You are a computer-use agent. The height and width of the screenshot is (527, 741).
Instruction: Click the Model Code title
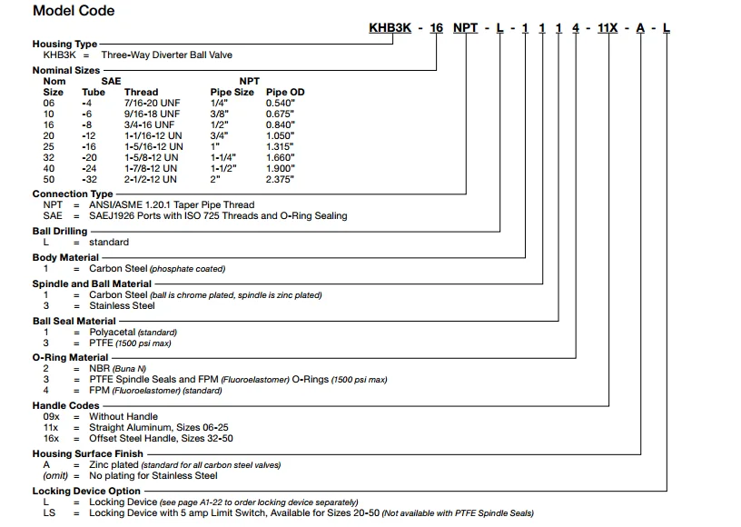(x=74, y=11)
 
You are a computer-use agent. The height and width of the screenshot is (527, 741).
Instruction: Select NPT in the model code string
(x=466, y=28)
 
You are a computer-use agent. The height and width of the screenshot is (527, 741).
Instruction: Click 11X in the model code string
(x=607, y=28)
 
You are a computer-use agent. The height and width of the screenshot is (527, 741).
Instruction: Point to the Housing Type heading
(x=64, y=44)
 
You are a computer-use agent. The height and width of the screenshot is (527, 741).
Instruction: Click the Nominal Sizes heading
(x=66, y=70)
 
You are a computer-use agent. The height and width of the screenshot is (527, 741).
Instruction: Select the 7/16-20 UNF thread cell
(x=152, y=103)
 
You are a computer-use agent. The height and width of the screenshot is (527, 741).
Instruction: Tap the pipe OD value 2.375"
(x=280, y=179)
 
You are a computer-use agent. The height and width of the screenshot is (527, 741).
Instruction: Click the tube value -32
(x=89, y=179)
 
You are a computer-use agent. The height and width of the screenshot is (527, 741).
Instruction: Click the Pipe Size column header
(x=232, y=92)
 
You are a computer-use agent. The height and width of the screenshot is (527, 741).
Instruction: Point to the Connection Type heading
(x=73, y=194)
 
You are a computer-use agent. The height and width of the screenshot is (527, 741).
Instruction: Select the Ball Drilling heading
(x=60, y=231)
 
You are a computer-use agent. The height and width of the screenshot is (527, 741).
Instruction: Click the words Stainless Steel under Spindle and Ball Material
(x=122, y=305)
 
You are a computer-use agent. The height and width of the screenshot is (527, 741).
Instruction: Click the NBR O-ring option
(x=99, y=368)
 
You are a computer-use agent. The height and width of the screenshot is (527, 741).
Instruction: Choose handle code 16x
(x=51, y=438)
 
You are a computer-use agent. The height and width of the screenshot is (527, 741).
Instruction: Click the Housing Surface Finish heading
(x=86, y=453)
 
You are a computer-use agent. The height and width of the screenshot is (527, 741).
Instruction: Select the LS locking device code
(x=49, y=512)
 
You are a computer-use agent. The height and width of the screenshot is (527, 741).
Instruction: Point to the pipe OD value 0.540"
(x=280, y=103)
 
